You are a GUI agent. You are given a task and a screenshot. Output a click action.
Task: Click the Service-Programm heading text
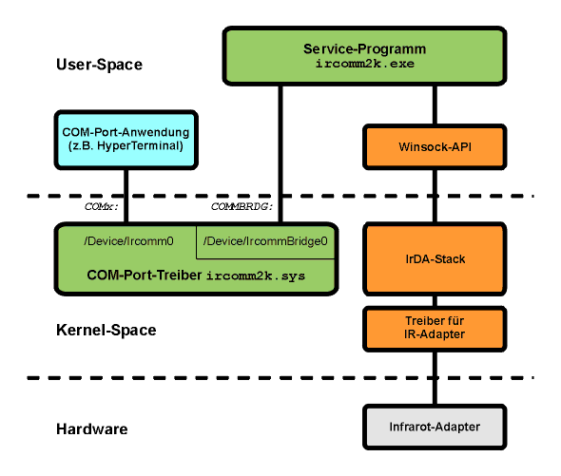[364, 48]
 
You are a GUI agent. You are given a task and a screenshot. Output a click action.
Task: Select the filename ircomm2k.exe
[364, 64]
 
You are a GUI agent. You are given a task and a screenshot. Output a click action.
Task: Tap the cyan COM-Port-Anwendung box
[126, 140]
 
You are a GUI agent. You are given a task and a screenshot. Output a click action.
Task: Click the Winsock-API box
[435, 146]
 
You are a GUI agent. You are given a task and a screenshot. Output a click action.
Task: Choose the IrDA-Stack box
[435, 259]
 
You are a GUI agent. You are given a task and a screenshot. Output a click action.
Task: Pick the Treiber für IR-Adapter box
[435, 329]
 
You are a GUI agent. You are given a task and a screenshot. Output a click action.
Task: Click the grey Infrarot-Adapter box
[435, 427]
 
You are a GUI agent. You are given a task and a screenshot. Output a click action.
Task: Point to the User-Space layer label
[99, 65]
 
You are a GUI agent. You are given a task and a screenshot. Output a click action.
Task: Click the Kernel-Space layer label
[106, 330]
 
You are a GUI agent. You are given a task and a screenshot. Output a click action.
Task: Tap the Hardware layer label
[92, 428]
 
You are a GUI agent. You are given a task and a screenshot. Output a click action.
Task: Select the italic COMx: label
[101, 206]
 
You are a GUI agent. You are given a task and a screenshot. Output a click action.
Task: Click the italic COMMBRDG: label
[242, 206]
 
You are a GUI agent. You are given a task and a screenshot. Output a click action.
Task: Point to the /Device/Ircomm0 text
[128, 241]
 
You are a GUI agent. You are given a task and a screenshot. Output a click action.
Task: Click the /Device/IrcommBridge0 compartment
[265, 241]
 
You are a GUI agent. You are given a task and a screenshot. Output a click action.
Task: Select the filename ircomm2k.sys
[256, 276]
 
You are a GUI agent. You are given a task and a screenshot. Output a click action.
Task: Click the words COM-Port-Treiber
[145, 275]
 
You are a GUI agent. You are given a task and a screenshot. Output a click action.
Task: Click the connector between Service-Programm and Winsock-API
[435, 105]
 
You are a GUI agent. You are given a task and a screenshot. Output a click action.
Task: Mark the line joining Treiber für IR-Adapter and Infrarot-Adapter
[435, 378]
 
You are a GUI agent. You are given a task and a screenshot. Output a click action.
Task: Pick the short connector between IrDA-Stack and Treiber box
[435, 301]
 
